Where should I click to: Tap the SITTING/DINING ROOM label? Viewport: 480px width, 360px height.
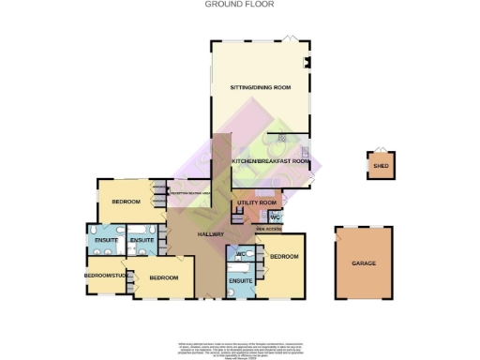[x=260, y=87]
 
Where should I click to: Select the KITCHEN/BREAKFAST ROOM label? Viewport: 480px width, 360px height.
[x=270, y=161]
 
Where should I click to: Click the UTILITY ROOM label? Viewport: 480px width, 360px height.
[x=256, y=202]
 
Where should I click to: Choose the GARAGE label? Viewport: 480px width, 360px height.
[x=364, y=263]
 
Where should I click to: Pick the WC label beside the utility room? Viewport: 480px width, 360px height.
[x=288, y=217]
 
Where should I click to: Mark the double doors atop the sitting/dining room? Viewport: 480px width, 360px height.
[x=291, y=37]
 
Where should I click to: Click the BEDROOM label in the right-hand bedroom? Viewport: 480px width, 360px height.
[x=283, y=256]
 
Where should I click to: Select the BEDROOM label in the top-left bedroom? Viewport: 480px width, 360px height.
[x=126, y=202]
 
